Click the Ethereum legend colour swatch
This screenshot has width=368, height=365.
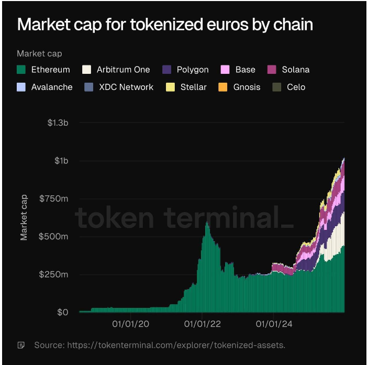21,70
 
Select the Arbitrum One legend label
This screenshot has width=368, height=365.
123,70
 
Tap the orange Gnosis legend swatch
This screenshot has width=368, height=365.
223,87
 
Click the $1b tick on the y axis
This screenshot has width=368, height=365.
62,161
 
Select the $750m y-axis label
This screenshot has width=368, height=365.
54,198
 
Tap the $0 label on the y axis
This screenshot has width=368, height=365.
62,313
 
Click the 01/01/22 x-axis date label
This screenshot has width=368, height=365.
202,324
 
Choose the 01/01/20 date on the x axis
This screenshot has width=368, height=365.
130,324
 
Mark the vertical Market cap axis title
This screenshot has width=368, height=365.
24,217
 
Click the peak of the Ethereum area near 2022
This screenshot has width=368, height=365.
207,223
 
